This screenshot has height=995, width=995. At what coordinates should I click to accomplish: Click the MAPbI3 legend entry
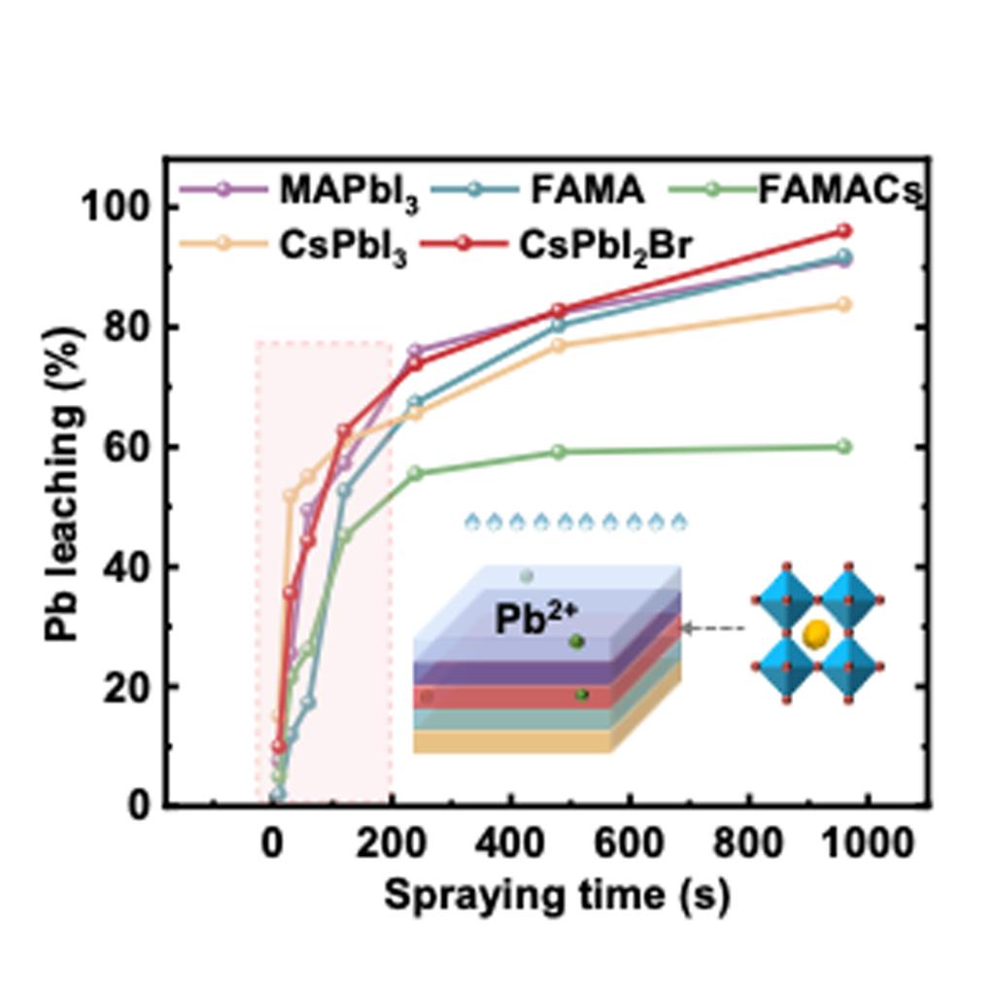pos(350,190)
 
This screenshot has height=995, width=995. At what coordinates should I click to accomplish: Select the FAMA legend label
pos(587,190)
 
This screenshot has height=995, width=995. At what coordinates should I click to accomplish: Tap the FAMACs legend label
pos(838,190)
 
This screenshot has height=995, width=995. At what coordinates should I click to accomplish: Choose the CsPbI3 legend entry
pos(343,247)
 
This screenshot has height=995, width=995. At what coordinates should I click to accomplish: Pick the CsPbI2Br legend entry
pos(604,247)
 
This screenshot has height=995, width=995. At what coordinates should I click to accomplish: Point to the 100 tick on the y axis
pos(115,208)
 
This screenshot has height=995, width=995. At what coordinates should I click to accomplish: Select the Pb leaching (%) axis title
pos(63,483)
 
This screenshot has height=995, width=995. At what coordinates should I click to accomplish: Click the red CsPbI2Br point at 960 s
pos(843,231)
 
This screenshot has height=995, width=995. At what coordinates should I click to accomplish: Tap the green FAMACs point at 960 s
pos(843,447)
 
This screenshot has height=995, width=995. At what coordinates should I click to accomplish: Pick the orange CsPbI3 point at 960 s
pos(843,305)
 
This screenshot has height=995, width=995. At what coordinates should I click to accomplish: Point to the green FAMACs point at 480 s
pos(558,452)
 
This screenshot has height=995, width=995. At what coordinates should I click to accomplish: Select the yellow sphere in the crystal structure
pos(816,635)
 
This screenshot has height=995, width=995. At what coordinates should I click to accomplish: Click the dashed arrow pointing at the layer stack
pos(713,629)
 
